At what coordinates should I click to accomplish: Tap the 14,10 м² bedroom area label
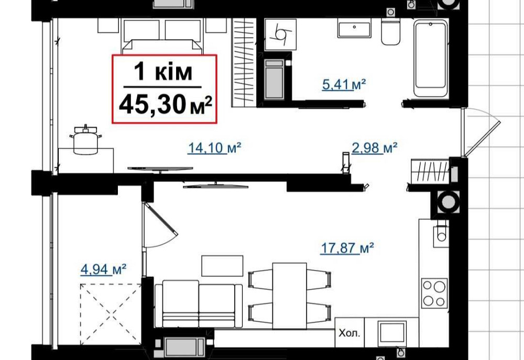point(214,149)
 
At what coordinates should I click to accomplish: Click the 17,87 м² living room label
point(346,248)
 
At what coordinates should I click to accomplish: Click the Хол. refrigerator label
point(349,332)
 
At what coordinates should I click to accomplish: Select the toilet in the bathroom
point(390,33)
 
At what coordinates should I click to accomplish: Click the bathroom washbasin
point(354,28)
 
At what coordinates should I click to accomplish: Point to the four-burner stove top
point(434,293)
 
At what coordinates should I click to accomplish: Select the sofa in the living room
point(199,306)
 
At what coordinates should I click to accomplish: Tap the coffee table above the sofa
point(222,265)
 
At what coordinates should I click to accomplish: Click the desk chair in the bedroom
point(85,140)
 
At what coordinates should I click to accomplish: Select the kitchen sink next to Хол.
point(392,333)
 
